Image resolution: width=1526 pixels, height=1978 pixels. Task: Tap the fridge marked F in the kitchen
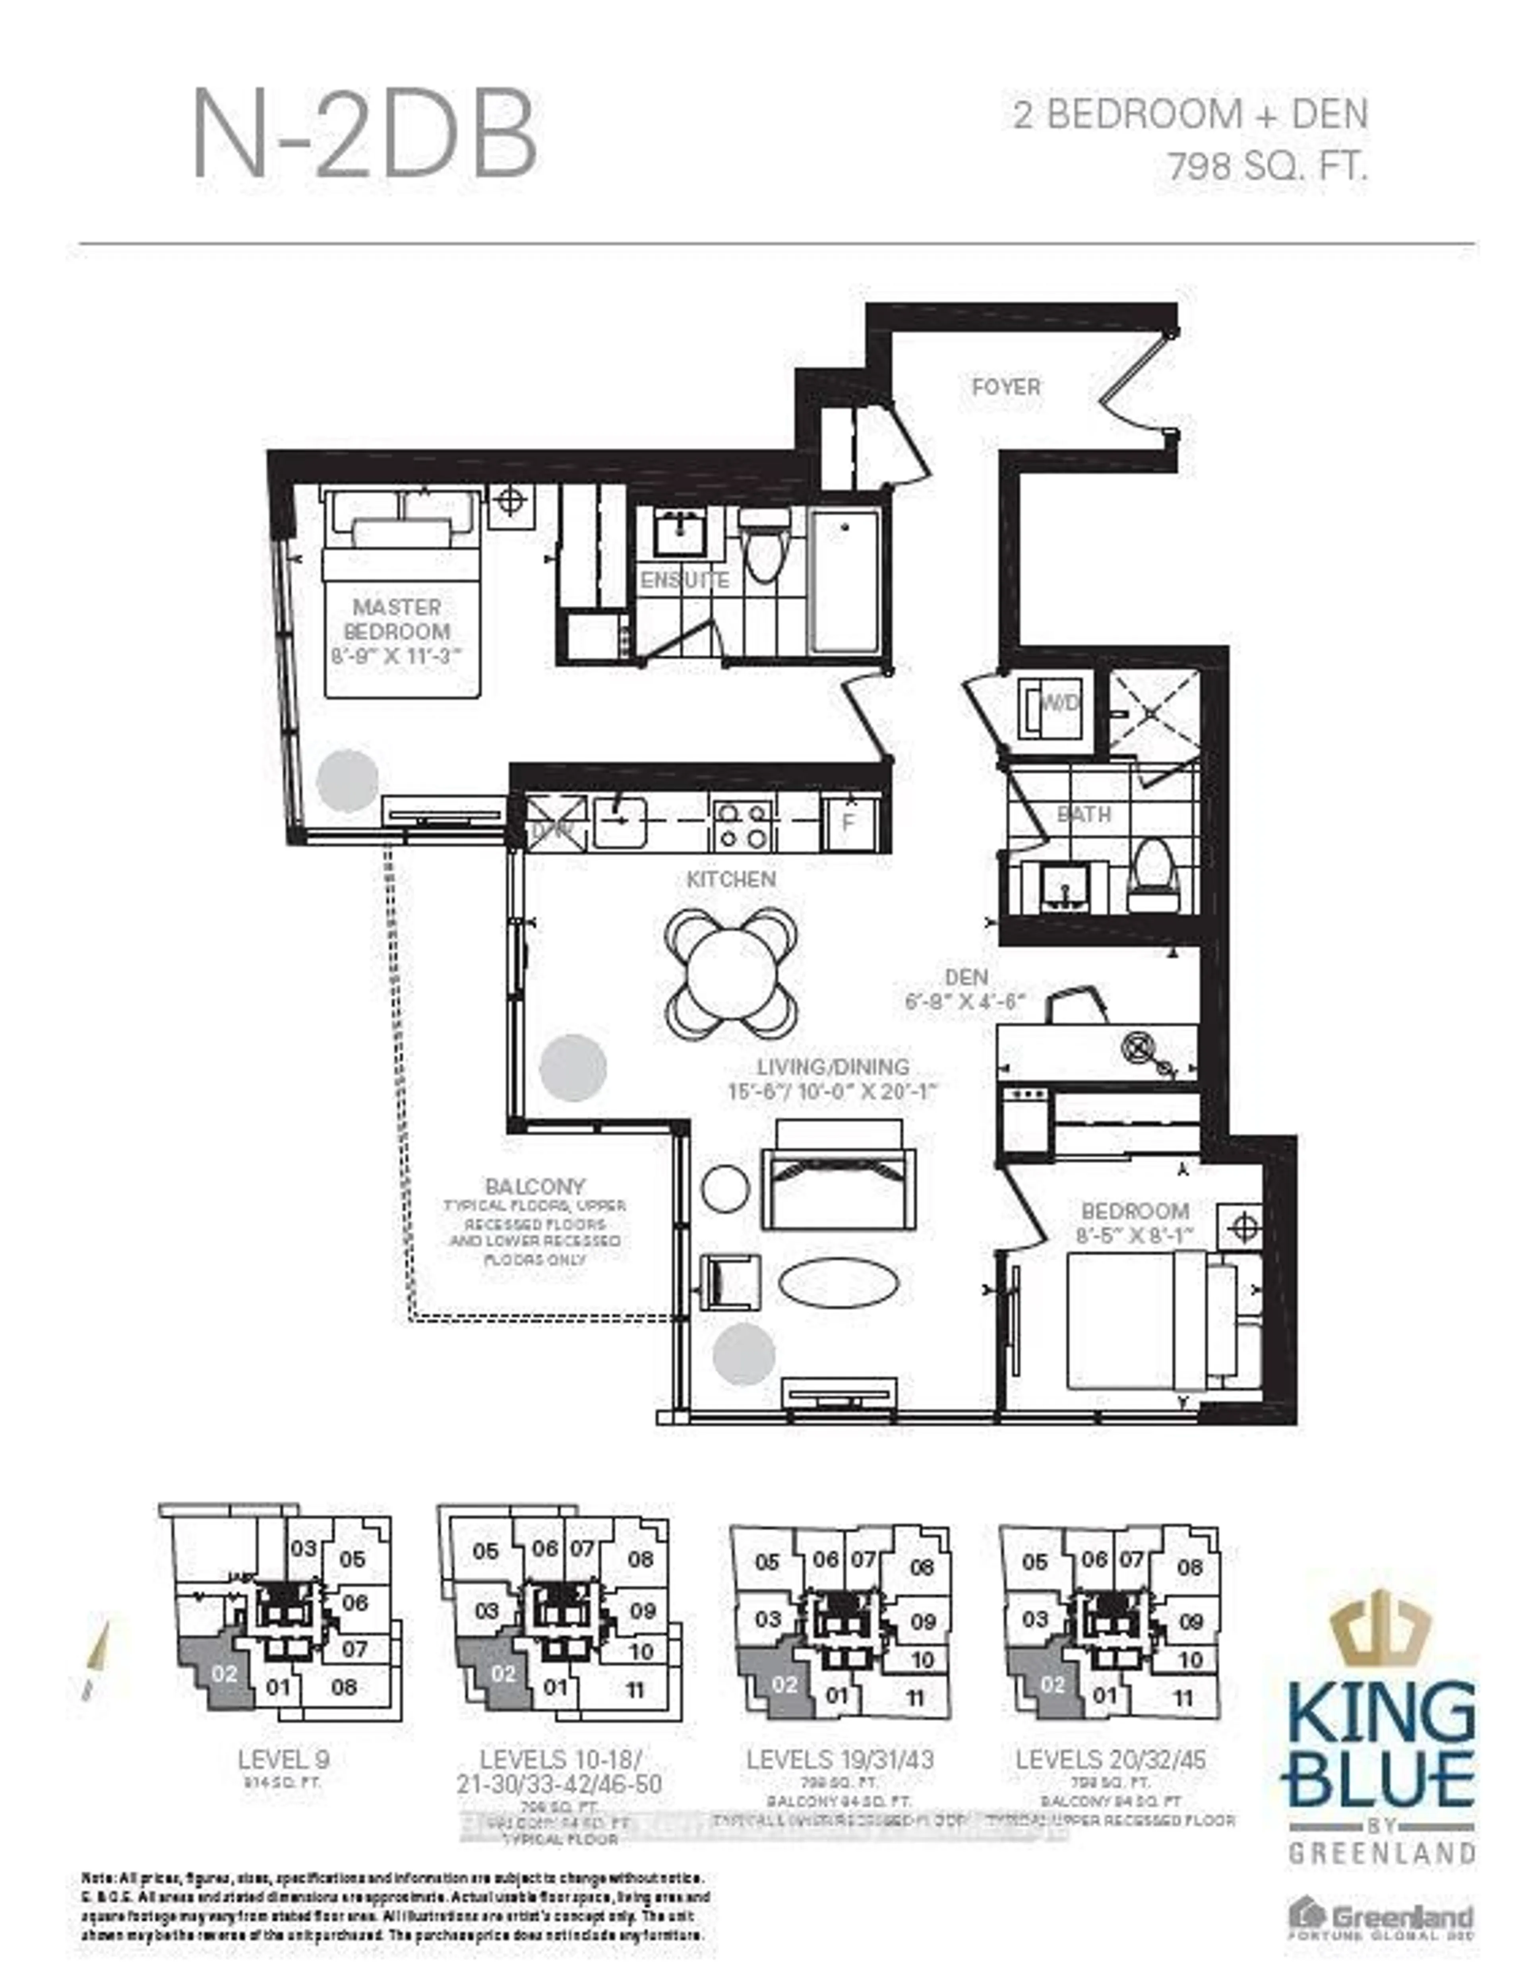(850, 822)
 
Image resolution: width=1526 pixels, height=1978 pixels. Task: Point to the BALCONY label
(534, 1187)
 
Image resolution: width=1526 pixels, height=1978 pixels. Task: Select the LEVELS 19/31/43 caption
(839, 1760)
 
